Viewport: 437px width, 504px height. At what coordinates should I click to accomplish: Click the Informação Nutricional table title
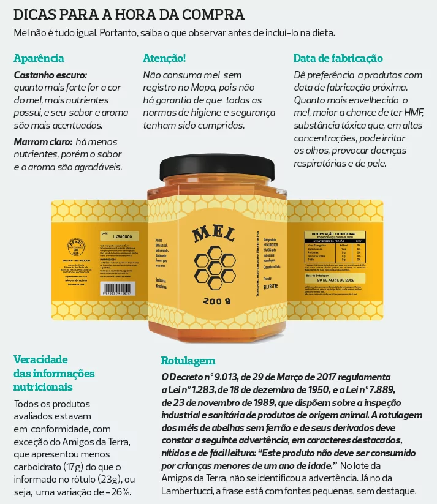click(334, 234)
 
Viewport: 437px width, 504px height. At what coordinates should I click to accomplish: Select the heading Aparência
click(39, 58)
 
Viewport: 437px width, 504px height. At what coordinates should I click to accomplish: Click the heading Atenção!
click(164, 58)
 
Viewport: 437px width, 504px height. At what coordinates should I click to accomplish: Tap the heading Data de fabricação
click(338, 58)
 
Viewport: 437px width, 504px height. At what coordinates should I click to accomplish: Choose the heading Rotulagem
click(188, 360)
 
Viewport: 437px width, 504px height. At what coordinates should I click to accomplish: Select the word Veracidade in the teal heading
click(40, 359)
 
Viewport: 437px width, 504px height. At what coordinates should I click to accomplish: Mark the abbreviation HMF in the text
click(412, 111)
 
